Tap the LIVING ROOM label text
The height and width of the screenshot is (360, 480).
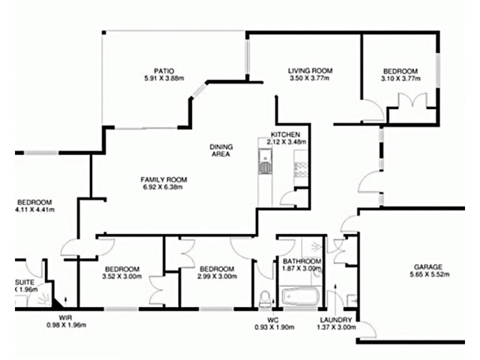click(x=310, y=70)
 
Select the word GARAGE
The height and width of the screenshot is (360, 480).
click(x=428, y=267)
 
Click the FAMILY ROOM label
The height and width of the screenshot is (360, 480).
click(x=164, y=179)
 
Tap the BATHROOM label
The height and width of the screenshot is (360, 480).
click(x=302, y=262)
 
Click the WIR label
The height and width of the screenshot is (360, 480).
click(x=65, y=317)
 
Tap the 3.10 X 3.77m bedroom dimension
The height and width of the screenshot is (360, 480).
click(x=400, y=78)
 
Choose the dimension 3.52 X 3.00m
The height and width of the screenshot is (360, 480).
click(x=122, y=277)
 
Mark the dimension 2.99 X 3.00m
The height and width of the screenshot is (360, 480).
click(x=217, y=277)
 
